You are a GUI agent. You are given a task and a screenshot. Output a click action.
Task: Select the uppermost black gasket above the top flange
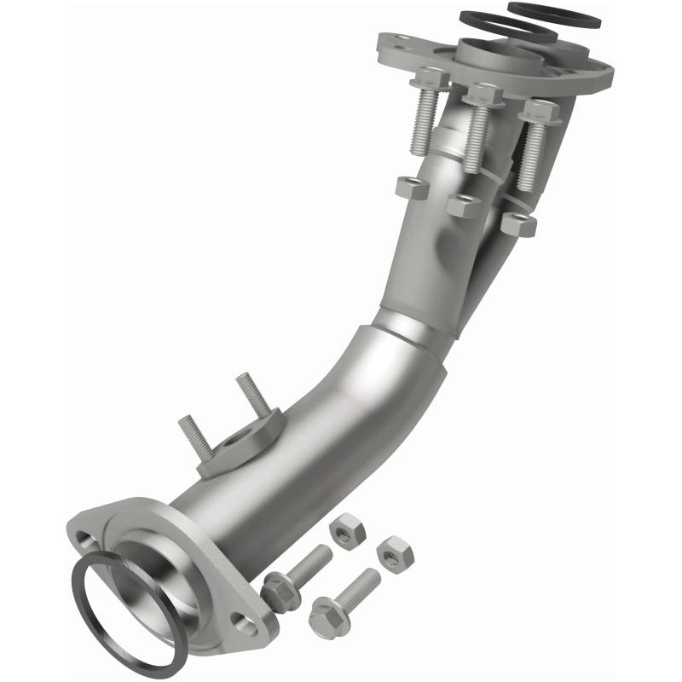(x=554, y=14)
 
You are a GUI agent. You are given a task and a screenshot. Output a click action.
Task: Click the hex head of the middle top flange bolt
(x=484, y=95)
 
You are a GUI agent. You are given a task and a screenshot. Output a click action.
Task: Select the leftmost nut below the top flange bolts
(x=412, y=188)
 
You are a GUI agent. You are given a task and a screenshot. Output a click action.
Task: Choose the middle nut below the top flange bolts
(x=465, y=205)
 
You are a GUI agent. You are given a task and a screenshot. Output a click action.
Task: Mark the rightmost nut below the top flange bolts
(x=518, y=224)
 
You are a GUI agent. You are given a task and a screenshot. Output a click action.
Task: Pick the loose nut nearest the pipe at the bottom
(x=347, y=531)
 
